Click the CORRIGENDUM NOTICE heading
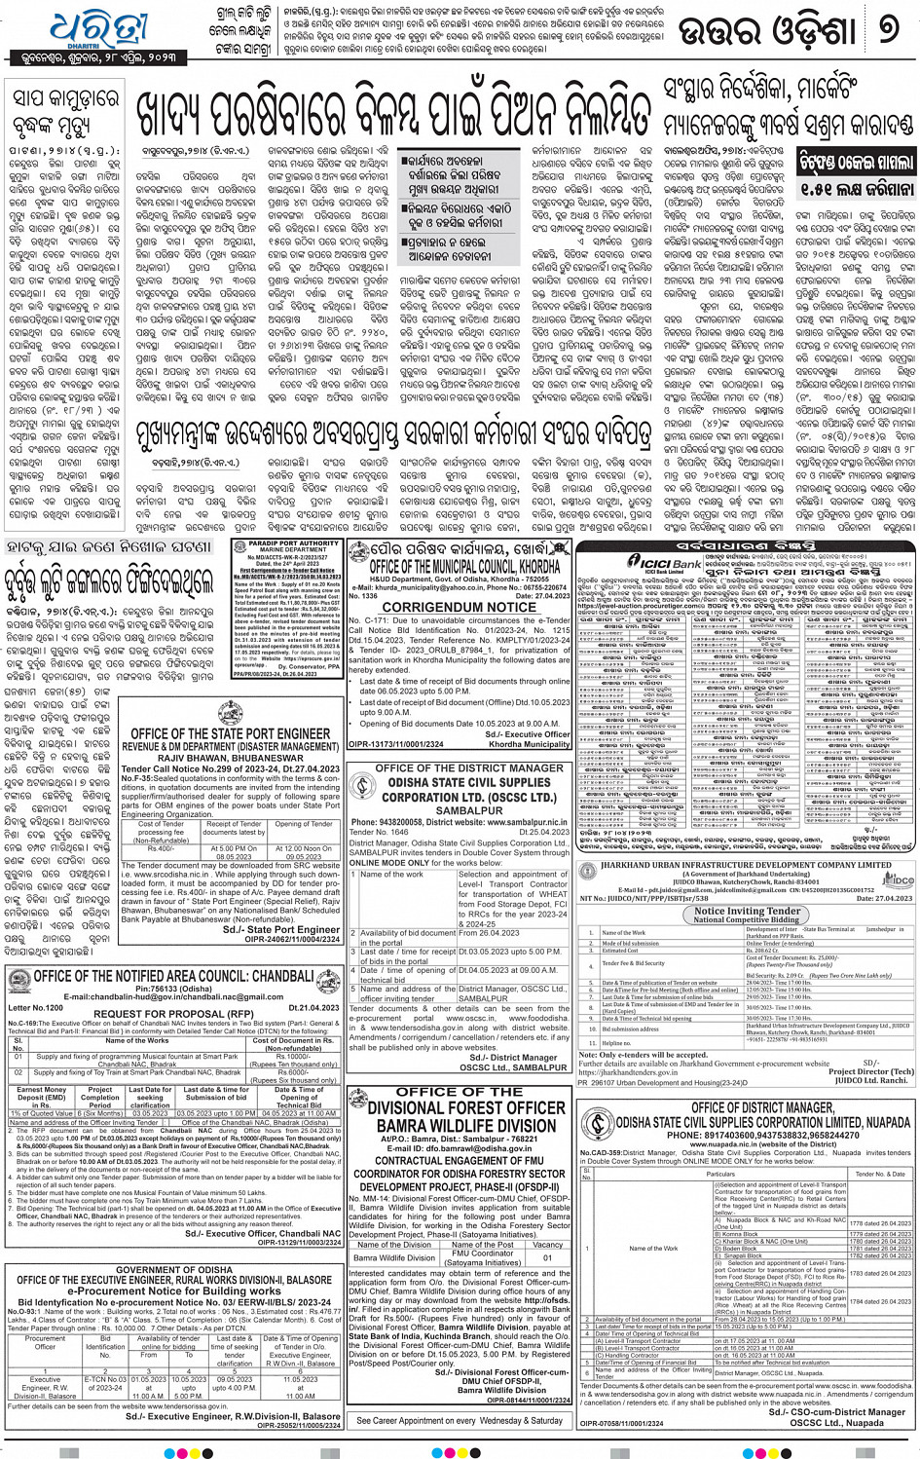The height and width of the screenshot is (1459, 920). pos(459,606)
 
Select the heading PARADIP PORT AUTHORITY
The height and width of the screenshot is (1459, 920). pos(286,544)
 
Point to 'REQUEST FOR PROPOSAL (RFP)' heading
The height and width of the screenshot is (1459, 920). pos(173,1014)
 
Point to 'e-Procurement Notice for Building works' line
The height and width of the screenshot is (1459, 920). pos(173,1290)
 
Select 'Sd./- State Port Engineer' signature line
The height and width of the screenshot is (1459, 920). pos(280,929)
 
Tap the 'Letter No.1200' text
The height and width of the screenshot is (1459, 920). pos(35,1008)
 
